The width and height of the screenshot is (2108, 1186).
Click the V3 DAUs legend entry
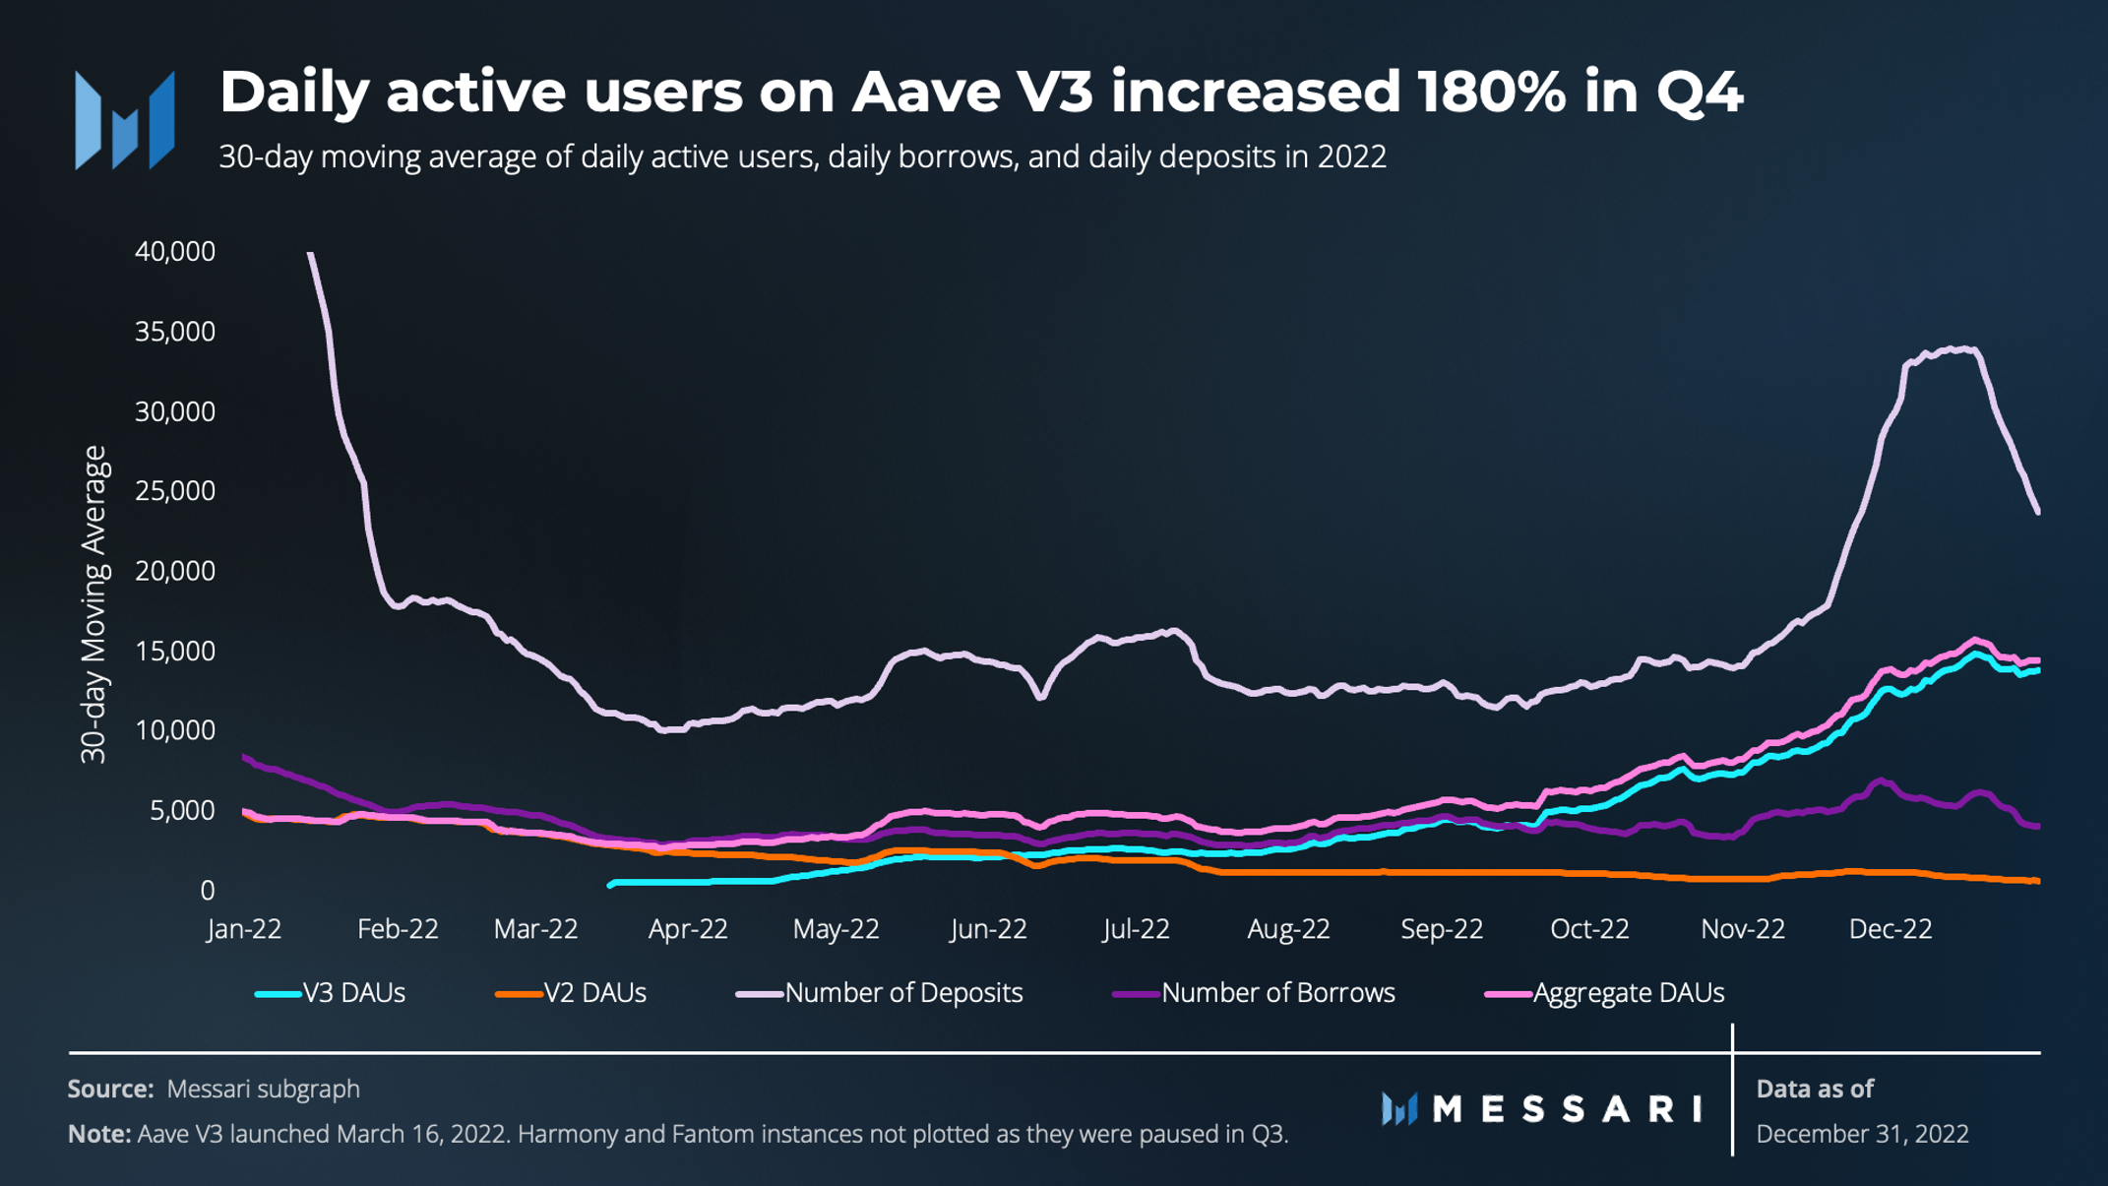(332, 993)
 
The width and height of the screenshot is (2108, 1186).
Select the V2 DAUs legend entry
(572, 993)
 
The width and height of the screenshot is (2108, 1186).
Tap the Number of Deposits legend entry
(881, 993)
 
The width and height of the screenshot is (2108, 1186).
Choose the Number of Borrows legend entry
(1255, 993)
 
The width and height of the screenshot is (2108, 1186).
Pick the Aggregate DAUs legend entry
(1606, 993)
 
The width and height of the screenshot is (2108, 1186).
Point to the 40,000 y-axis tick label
(174, 252)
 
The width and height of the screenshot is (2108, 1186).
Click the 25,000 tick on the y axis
(174, 491)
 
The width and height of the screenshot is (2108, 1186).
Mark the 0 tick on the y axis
(207, 891)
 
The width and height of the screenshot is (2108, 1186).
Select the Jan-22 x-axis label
(244, 929)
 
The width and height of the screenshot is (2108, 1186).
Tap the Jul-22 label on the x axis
(1136, 929)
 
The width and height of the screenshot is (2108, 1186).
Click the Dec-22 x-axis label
(1890, 929)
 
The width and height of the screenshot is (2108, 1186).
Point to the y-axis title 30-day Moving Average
(93, 604)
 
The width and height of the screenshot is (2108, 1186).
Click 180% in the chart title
(1491, 93)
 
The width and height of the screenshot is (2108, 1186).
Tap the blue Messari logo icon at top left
(125, 120)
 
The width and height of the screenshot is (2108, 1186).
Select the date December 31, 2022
(1862, 1134)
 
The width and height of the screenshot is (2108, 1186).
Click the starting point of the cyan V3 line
(611, 885)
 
